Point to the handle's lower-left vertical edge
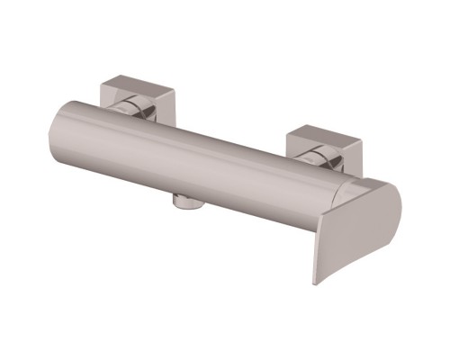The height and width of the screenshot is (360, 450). pos(314,252)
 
